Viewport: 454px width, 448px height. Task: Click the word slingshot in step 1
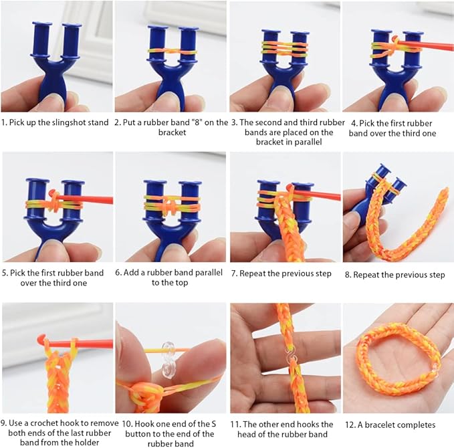point(66,122)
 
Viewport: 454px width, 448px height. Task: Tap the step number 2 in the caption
point(118,122)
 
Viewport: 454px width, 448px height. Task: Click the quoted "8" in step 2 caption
point(202,122)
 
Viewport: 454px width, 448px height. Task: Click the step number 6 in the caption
point(118,273)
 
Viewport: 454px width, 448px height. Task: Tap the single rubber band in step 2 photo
point(171,50)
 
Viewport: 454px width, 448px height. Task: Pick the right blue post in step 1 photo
point(72,41)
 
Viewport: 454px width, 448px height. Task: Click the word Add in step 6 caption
point(133,273)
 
